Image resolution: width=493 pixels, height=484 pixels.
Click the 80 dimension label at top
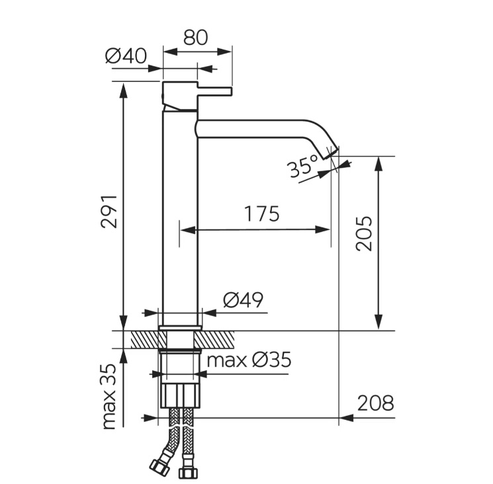[196, 38]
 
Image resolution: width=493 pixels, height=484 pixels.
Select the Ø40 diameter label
[126, 57]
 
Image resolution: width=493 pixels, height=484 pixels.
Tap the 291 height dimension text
[109, 212]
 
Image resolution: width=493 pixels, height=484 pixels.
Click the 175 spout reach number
[261, 214]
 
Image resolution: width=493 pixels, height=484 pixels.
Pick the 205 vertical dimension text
[364, 233]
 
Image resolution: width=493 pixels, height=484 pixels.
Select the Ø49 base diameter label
[243, 300]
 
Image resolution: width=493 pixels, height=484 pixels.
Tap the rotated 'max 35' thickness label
[109, 397]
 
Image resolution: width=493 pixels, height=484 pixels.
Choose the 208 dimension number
[376, 403]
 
